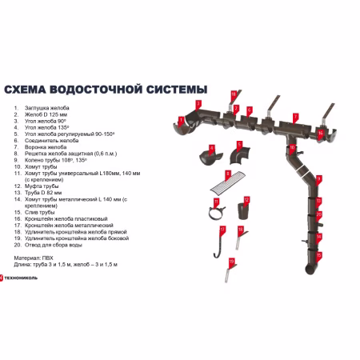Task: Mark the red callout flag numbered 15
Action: [318, 255]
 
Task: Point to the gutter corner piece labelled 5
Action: [240, 152]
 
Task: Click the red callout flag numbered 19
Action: [232, 261]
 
